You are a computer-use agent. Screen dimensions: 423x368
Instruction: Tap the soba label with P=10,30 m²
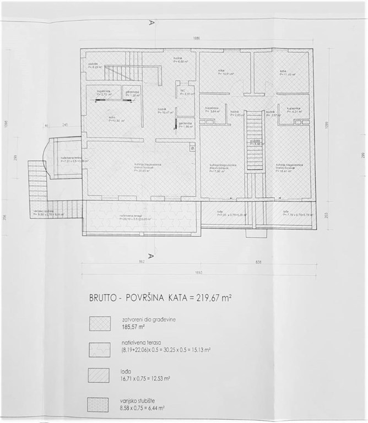click(115, 120)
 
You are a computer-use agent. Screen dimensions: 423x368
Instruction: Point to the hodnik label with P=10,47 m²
click(162, 111)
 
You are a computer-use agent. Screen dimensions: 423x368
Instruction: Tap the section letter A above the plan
click(150, 24)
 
